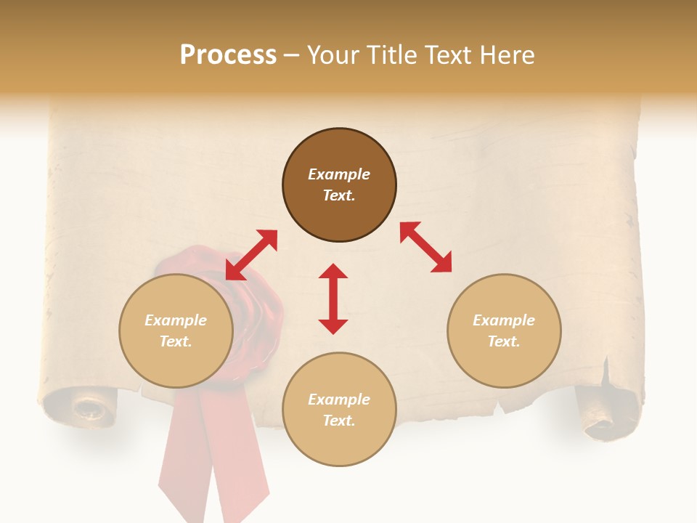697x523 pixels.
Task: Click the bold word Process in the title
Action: tap(228, 55)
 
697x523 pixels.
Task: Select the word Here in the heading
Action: tap(506, 55)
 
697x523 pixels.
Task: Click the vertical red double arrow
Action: tap(333, 299)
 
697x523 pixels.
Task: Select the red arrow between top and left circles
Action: tap(251, 255)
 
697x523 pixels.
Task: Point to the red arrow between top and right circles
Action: tap(425, 247)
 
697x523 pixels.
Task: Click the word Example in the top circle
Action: tap(339, 174)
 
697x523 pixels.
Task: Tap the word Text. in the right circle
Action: tap(504, 341)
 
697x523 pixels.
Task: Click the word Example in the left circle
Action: tap(176, 320)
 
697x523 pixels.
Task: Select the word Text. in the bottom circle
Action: tap(339, 421)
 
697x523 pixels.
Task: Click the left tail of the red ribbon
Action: tap(185, 458)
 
